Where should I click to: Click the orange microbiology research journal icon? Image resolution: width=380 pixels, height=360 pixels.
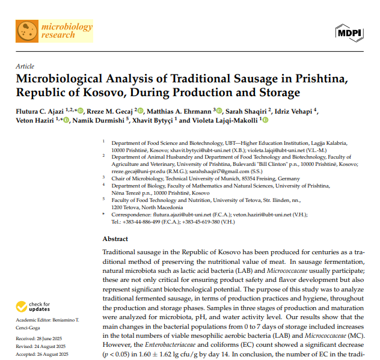coord(26,31)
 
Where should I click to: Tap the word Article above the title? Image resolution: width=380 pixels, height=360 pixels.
coord(25,66)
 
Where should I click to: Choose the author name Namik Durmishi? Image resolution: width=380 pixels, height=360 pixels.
coord(98,120)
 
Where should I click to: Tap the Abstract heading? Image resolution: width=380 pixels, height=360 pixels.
coord(115,239)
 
